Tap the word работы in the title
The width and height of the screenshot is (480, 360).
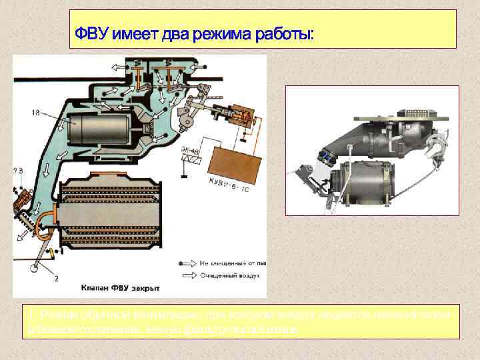click(x=282, y=32)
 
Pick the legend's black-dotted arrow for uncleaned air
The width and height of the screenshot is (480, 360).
click(x=188, y=262)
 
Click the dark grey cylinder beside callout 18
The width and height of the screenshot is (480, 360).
click(x=104, y=131)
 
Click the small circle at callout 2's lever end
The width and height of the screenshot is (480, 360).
click(x=33, y=270)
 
